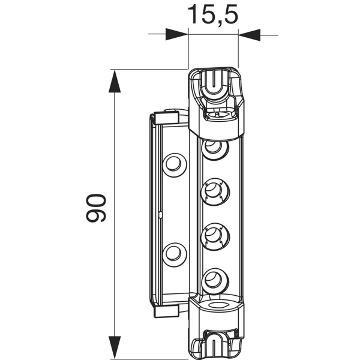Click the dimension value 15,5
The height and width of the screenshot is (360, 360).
point(213,14)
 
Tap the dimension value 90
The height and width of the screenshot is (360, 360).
point(96,208)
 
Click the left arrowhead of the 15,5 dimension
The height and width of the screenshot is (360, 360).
point(177,35)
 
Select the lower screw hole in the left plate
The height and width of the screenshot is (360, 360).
point(174,253)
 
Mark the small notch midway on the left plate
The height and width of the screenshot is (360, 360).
point(161,214)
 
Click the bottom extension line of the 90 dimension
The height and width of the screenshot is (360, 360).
point(150,353)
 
